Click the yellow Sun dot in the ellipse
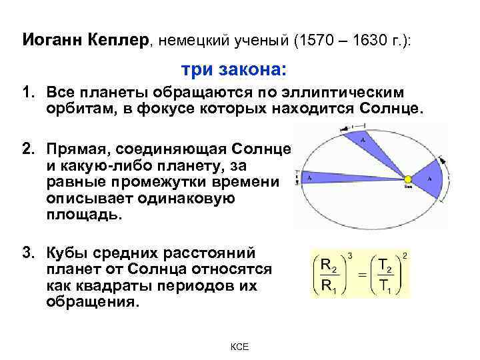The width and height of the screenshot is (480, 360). click(407, 178)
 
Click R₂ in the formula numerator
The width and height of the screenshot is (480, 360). click(327, 265)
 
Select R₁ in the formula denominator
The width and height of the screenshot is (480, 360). click(327, 285)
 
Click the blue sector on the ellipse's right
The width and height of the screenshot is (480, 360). click(425, 180)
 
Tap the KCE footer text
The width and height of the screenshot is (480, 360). click(239, 347)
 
